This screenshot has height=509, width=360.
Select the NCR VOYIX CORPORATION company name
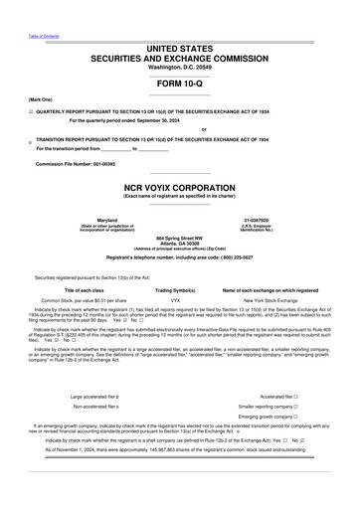pyautogui.click(x=179, y=187)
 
